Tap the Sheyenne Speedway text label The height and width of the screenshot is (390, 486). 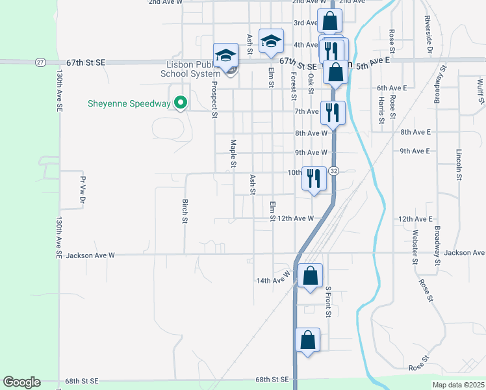pyautogui.click(x=130, y=103)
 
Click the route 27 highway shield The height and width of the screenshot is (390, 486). pyautogui.click(x=40, y=62)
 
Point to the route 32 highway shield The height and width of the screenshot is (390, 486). pyautogui.click(x=333, y=170)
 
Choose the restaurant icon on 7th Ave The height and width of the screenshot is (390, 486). pyautogui.click(x=332, y=111)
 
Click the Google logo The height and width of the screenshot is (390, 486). pyautogui.click(x=21, y=382)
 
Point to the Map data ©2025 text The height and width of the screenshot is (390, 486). pyautogui.click(x=458, y=385)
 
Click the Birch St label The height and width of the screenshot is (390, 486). pyautogui.click(x=185, y=211)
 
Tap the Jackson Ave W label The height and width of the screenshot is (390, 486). pyautogui.click(x=90, y=255)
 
